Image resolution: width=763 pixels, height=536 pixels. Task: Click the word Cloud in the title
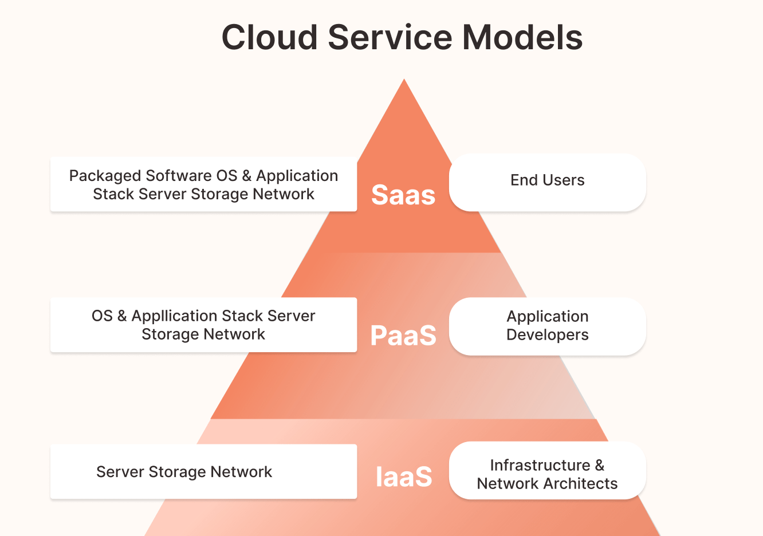pyautogui.click(x=269, y=38)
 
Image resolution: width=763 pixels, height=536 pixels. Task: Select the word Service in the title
pyautogui.click(x=390, y=38)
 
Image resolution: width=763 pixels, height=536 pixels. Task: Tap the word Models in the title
pyautogui.click(x=522, y=38)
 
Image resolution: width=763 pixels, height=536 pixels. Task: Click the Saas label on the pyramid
pyautogui.click(x=403, y=195)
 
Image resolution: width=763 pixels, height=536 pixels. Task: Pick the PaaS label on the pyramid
pyautogui.click(x=403, y=336)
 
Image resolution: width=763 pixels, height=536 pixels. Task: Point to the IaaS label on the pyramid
pyautogui.click(x=403, y=476)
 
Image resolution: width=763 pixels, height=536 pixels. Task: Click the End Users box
pyautogui.click(x=547, y=182)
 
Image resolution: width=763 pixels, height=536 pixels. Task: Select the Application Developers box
pyautogui.click(x=547, y=326)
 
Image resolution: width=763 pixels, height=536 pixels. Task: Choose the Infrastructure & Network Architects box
pyautogui.click(x=547, y=471)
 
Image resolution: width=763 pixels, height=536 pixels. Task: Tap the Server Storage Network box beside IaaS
pyautogui.click(x=203, y=471)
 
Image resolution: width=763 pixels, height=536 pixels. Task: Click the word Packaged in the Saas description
pyautogui.click(x=105, y=176)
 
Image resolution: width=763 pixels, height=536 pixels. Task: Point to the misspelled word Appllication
pyautogui.click(x=174, y=316)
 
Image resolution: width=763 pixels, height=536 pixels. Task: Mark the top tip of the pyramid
pyautogui.click(x=404, y=80)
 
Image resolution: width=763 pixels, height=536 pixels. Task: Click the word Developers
pyautogui.click(x=547, y=335)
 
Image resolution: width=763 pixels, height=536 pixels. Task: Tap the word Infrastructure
pyautogui.click(x=540, y=465)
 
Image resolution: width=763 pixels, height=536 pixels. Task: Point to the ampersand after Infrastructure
pyautogui.click(x=599, y=465)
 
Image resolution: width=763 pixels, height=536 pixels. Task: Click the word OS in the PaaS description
pyautogui.click(x=102, y=316)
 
